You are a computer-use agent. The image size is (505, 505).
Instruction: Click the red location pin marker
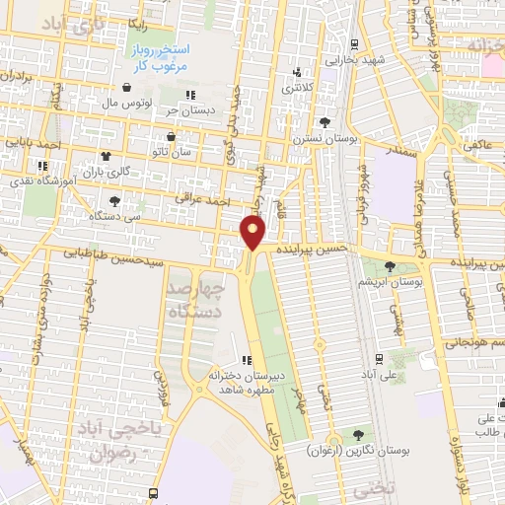click(x=254, y=232)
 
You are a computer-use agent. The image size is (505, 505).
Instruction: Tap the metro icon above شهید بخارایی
click(x=353, y=43)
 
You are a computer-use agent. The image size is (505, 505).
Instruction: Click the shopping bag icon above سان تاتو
click(x=174, y=137)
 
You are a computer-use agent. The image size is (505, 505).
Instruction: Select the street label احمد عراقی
click(x=201, y=199)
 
